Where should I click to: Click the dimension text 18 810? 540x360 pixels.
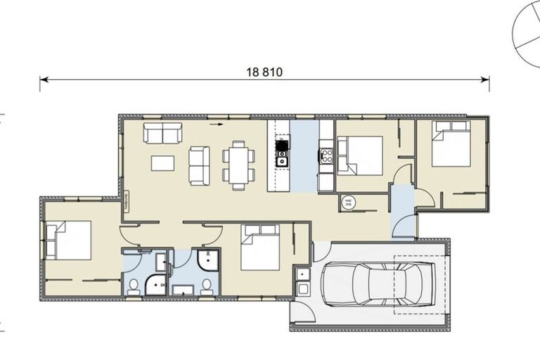(265, 72)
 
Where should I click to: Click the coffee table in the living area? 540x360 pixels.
(163, 163)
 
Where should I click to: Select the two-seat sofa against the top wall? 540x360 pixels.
(162, 131)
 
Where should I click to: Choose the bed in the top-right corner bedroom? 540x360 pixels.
(450, 145)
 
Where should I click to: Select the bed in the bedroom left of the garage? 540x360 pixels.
(260, 247)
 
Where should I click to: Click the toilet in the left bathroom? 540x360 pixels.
(134, 285)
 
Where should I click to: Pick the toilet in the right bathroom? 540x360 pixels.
(207, 285)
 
